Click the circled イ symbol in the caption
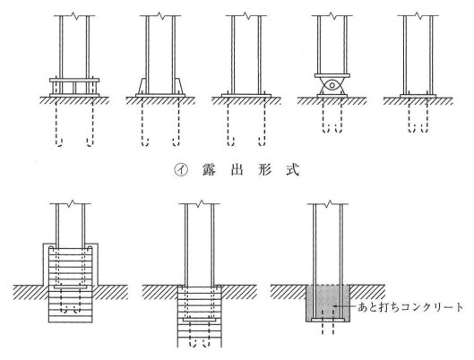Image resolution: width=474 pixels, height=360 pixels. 181,171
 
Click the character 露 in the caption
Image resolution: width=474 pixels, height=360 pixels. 209,170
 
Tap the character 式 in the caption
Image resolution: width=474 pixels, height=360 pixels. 292,170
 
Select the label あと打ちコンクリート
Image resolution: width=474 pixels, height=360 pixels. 410,307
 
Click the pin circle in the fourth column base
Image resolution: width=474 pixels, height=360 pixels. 332,85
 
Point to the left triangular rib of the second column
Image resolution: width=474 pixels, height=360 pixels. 142,86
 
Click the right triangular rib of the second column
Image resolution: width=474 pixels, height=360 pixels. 179,86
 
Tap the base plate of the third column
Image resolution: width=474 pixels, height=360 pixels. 246,96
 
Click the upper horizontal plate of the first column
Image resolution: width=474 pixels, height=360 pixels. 74,80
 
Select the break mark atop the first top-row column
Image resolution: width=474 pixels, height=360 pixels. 74,15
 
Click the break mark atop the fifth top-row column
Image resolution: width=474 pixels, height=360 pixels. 418,15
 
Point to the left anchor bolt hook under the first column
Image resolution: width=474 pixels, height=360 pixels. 59,142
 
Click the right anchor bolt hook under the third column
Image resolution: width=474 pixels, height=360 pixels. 262,142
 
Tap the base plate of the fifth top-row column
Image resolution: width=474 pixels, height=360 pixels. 418,96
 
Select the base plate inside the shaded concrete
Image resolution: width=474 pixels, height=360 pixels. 328,320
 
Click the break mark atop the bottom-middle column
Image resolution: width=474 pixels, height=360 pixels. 199,203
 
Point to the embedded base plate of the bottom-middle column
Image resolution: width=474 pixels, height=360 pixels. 200,319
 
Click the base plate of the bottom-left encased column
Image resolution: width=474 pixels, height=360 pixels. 71,286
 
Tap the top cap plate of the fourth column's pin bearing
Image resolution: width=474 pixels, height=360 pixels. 332,75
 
